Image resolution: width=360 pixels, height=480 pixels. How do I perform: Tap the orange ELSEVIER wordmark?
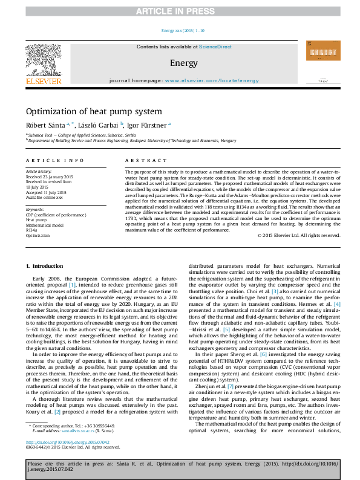tap(43, 80)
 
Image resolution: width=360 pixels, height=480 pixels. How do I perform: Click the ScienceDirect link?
tap(216, 47)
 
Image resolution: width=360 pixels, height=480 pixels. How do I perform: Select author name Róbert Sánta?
tap(41, 125)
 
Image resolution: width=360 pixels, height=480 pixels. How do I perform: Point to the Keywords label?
tap(35, 209)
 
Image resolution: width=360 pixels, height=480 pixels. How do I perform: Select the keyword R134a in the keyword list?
tap(32, 230)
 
